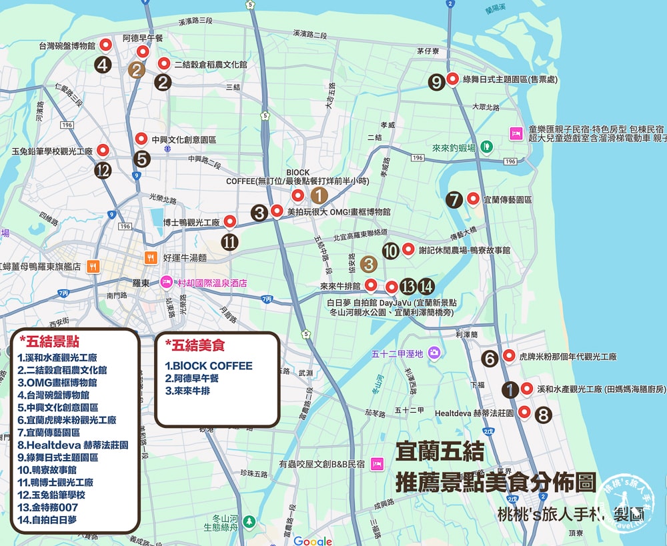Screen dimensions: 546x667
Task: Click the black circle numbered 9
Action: [x=436, y=82]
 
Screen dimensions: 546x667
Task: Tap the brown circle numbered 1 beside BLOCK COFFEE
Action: [x=319, y=195]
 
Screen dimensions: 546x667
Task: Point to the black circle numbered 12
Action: [x=103, y=171]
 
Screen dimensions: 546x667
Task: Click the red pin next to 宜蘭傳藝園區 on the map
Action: [x=473, y=198]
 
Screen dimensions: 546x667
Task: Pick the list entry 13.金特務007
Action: [x=51, y=508]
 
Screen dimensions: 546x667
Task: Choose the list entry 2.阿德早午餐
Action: [x=193, y=379]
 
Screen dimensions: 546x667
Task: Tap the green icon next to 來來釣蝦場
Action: [x=487, y=145]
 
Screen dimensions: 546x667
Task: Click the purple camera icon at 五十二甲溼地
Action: [x=434, y=352]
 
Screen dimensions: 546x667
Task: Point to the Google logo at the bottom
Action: [x=312, y=541]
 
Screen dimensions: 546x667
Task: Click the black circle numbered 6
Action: [x=490, y=359]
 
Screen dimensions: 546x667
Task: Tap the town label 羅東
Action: [x=139, y=282]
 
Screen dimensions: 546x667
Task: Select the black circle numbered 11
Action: [x=229, y=242]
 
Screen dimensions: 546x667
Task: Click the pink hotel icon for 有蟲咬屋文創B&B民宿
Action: [x=376, y=463]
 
